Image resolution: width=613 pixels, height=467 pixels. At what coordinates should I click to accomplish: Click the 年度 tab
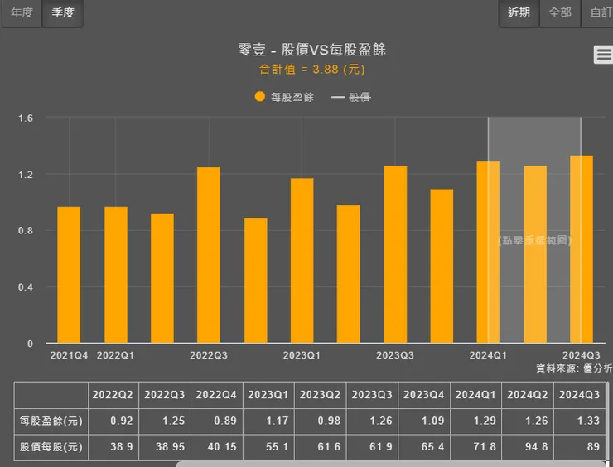pyautogui.click(x=22, y=13)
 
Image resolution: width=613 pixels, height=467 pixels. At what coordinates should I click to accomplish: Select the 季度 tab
pyautogui.click(x=63, y=13)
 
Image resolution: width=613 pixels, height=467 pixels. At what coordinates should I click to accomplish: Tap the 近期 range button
pyautogui.click(x=519, y=13)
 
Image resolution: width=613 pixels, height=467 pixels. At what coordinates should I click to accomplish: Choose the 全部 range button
pyautogui.click(x=560, y=13)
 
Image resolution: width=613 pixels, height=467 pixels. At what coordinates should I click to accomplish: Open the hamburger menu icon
pyautogui.click(x=603, y=55)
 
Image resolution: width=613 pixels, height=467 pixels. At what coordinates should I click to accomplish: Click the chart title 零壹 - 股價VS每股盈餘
pyautogui.click(x=311, y=51)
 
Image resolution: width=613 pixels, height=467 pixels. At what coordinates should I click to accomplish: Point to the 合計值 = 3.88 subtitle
pyautogui.click(x=311, y=70)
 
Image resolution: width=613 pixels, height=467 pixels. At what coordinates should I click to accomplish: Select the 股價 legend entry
pyautogui.click(x=351, y=97)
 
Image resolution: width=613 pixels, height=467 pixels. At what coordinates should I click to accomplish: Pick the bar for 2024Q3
pyautogui.click(x=582, y=249)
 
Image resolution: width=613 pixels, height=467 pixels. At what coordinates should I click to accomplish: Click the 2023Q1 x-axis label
pyautogui.click(x=302, y=355)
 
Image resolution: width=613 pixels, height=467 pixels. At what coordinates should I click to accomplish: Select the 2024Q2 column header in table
pyautogui.click(x=528, y=394)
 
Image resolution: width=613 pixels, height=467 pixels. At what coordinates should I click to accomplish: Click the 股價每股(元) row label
pyautogui.click(x=52, y=447)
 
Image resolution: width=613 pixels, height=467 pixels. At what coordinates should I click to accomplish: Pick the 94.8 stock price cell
pyautogui.click(x=528, y=447)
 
